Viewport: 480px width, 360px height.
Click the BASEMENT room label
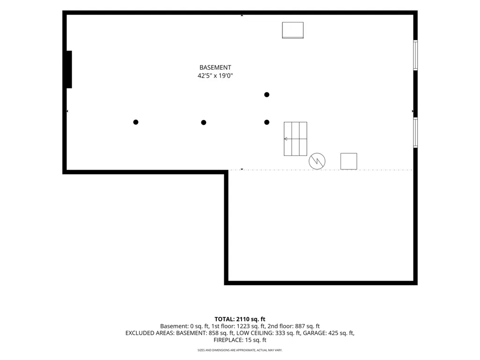click(x=215, y=67)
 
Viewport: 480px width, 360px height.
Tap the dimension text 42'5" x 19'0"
click(x=215, y=76)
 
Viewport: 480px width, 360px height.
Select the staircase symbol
click(x=295, y=139)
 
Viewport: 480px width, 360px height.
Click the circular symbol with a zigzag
click(x=317, y=161)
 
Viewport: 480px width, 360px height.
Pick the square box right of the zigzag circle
click(x=349, y=162)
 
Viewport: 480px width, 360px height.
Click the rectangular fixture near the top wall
click(x=293, y=30)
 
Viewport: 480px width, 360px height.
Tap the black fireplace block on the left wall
click(x=69, y=69)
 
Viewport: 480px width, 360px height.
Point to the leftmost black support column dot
click(x=136, y=122)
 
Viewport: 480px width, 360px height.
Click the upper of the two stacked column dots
click(x=266, y=95)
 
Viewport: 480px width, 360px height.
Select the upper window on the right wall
click(x=415, y=55)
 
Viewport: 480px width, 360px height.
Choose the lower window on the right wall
click(x=415, y=132)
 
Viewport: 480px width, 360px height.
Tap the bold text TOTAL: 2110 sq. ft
click(x=240, y=319)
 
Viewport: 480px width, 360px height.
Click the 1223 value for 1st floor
click(x=243, y=326)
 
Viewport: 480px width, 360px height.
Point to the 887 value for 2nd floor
click(x=300, y=326)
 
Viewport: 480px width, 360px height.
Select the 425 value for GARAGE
click(x=333, y=333)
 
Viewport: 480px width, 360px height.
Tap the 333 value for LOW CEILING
click(x=281, y=333)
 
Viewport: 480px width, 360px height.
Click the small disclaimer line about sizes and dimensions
click(x=240, y=350)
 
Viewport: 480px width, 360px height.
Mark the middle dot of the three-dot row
click(x=204, y=123)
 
